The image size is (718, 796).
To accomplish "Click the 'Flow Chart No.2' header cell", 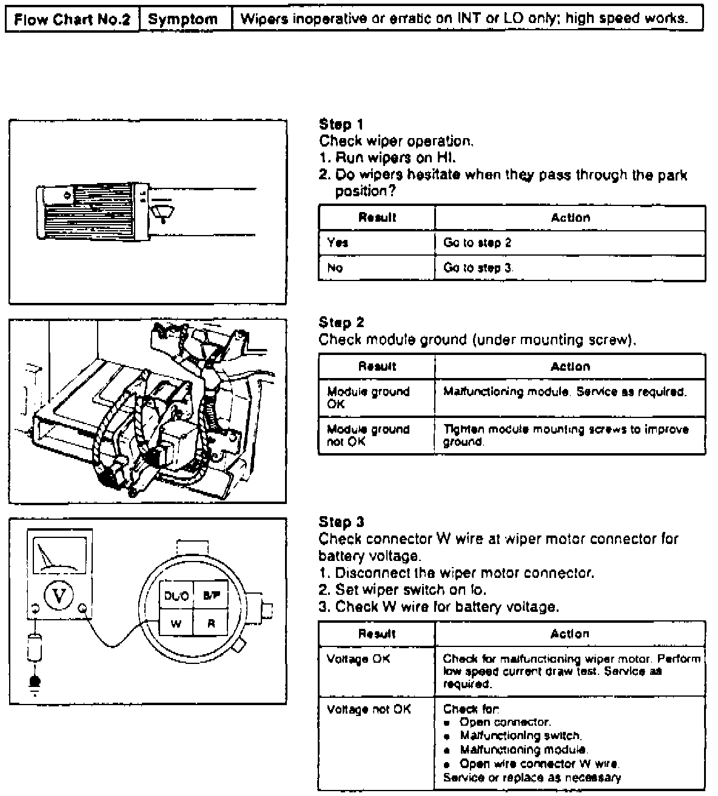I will [x=72, y=19].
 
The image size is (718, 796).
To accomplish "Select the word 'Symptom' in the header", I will [x=183, y=19].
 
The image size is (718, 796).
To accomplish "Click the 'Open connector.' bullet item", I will [x=505, y=722].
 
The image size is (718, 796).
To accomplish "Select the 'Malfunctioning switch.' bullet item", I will [x=521, y=736].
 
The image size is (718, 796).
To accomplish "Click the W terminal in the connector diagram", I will [x=176, y=624].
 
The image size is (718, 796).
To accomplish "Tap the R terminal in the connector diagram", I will [x=211, y=624].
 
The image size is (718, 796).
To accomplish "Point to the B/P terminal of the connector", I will [x=211, y=596].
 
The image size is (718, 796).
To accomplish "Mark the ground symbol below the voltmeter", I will [x=34, y=685].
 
